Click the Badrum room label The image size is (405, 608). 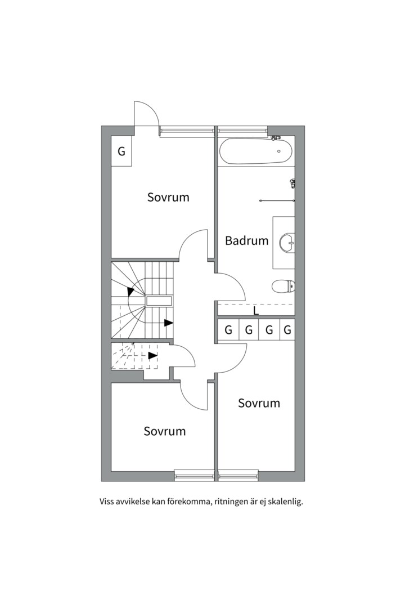click(246, 240)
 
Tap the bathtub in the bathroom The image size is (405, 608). click(255, 151)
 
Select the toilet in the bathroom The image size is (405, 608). click(283, 287)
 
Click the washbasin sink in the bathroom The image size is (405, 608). click(287, 243)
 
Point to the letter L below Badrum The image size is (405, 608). click(256, 311)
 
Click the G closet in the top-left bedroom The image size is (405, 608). click(121, 151)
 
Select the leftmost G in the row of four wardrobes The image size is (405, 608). click(228, 330)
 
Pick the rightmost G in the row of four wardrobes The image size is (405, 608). click(287, 330)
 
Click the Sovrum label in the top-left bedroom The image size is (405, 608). click(168, 197)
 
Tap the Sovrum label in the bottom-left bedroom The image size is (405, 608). click(165, 431)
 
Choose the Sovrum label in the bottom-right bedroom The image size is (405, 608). click(259, 403)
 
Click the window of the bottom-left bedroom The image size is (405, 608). click(194, 475)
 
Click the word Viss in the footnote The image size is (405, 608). click(106, 502)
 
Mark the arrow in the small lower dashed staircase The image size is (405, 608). click(153, 355)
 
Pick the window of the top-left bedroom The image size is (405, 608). click(187, 131)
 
